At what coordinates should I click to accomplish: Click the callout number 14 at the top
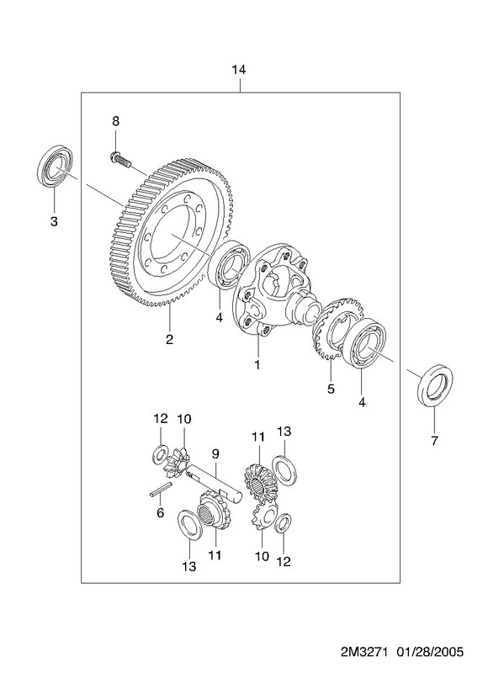coord(239,70)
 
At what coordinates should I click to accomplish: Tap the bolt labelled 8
coord(119,159)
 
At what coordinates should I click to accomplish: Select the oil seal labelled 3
coord(55,167)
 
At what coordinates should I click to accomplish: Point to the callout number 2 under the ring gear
coord(169,340)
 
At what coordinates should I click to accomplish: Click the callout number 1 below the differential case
coord(257,364)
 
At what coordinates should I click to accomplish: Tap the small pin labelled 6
coord(161,490)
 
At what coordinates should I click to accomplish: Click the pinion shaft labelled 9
coord(215,482)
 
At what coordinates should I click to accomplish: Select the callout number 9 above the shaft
coord(215,453)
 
